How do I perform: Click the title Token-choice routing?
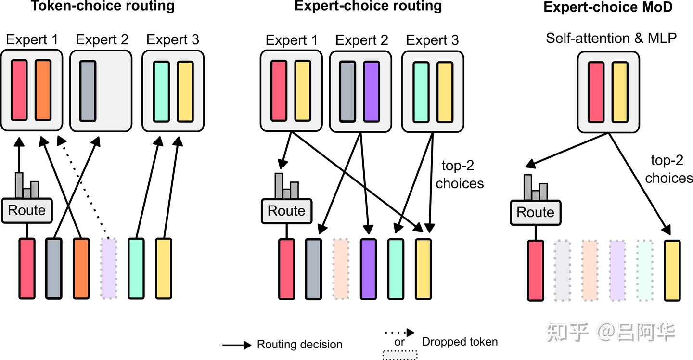(x=103, y=6)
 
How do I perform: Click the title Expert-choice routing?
(x=368, y=6)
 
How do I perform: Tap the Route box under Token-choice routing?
(x=27, y=210)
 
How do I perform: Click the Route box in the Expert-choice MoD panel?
(x=535, y=212)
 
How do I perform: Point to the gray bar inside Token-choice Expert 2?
(x=88, y=90)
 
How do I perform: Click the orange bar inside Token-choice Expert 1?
(x=43, y=90)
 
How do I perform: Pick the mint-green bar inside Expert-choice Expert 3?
(x=421, y=91)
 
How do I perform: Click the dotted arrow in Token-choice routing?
(x=83, y=188)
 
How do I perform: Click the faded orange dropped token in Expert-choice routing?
(x=341, y=269)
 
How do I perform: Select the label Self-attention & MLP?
(x=611, y=39)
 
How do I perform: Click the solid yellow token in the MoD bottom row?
(x=672, y=270)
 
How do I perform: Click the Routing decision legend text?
(x=299, y=345)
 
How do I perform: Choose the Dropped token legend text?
(x=460, y=342)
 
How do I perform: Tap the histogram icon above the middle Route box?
(x=286, y=186)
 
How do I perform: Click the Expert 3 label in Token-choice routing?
(x=173, y=39)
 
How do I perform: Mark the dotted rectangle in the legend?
(x=399, y=355)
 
